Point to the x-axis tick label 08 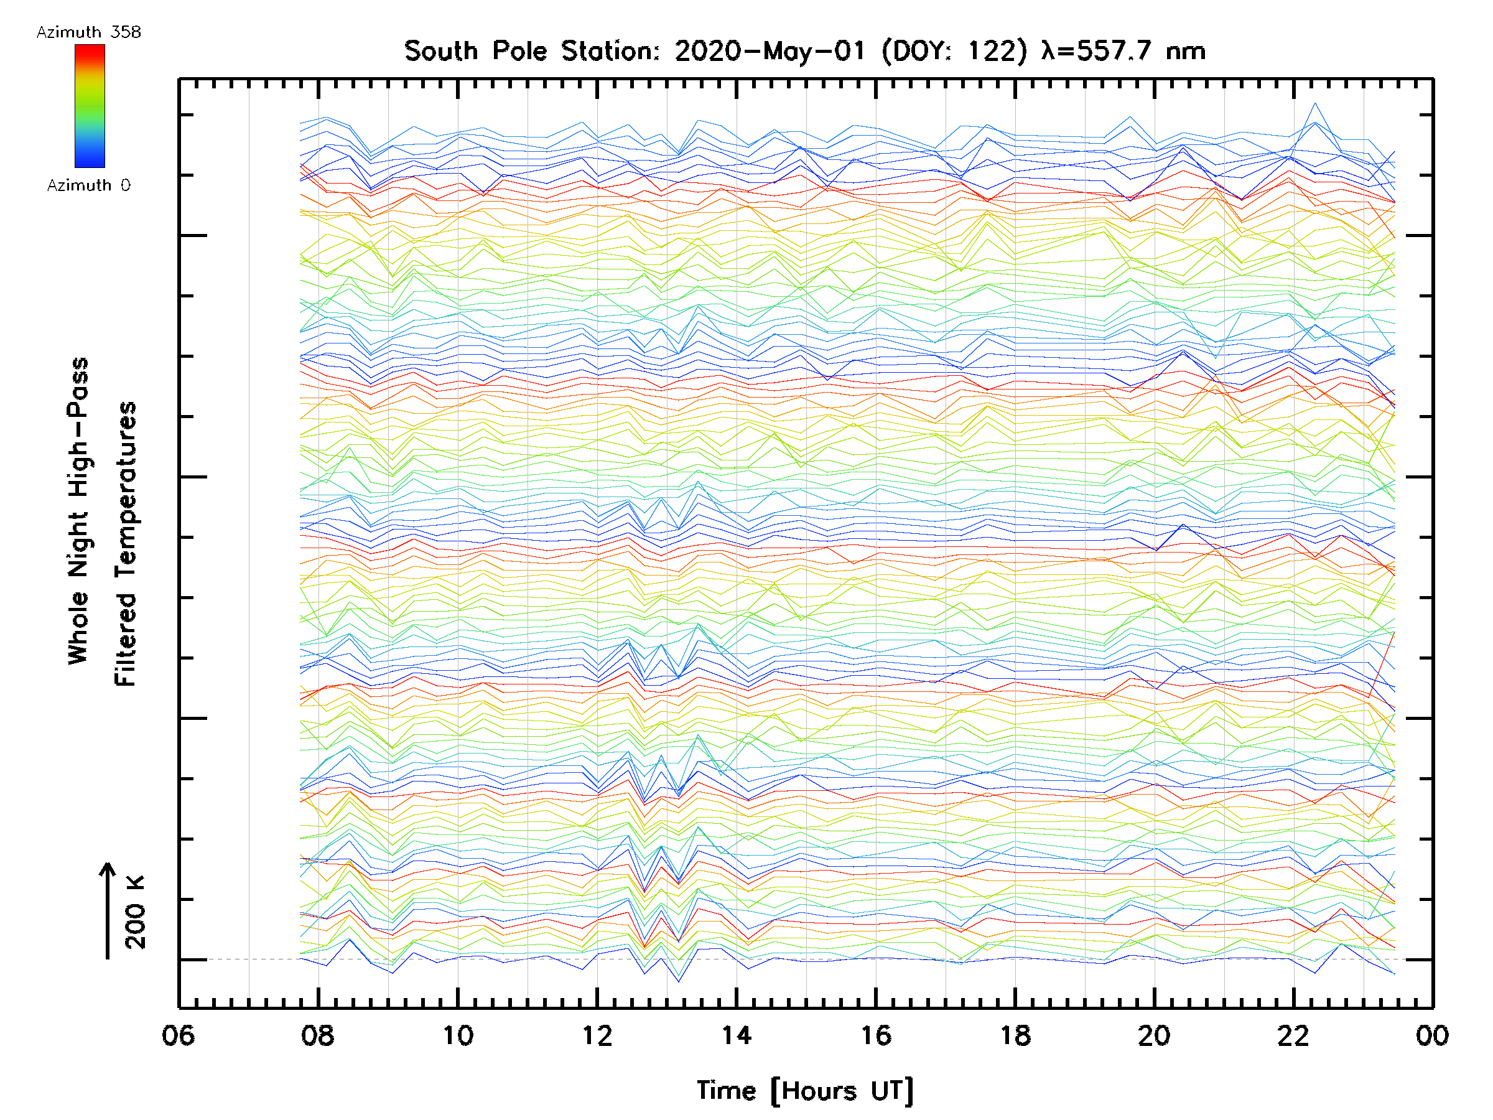(318, 1035)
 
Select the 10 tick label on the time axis (458, 1035)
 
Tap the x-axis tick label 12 (597, 1035)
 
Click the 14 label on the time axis (737, 1035)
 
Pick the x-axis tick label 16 (876, 1035)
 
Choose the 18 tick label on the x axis (1015, 1035)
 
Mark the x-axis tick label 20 (1154, 1035)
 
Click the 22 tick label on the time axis (1294, 1035)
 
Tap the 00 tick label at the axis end (1432, 1035)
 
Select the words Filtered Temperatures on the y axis (126, 544)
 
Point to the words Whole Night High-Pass (78, 510)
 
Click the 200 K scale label (136, 912)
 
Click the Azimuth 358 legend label (88, 32)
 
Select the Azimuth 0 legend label (88, 185)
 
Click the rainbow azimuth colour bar (90, 106)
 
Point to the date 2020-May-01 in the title (770, 51)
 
